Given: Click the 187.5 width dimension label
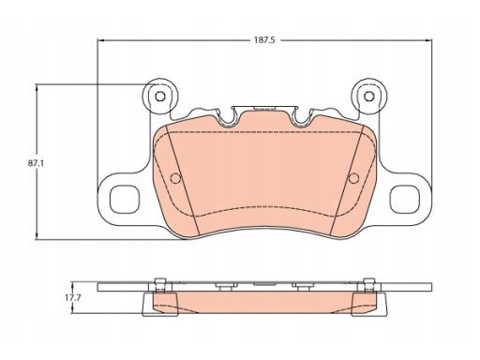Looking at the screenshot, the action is click(264, 40).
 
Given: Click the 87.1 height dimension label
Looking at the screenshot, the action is click(36, 163).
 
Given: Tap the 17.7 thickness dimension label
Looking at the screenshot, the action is click(73, 298).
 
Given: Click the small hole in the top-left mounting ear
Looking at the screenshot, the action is click(160, 97).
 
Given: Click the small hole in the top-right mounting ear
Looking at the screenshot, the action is click(369, 97).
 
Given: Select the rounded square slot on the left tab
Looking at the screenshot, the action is click(125, 200).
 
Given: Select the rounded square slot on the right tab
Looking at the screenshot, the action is click(405, 200).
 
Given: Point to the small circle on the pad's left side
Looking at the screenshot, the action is click(175, 178).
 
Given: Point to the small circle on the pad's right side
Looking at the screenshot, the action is click(353, 178).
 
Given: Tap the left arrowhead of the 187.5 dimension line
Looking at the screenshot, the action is click(100, 40).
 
